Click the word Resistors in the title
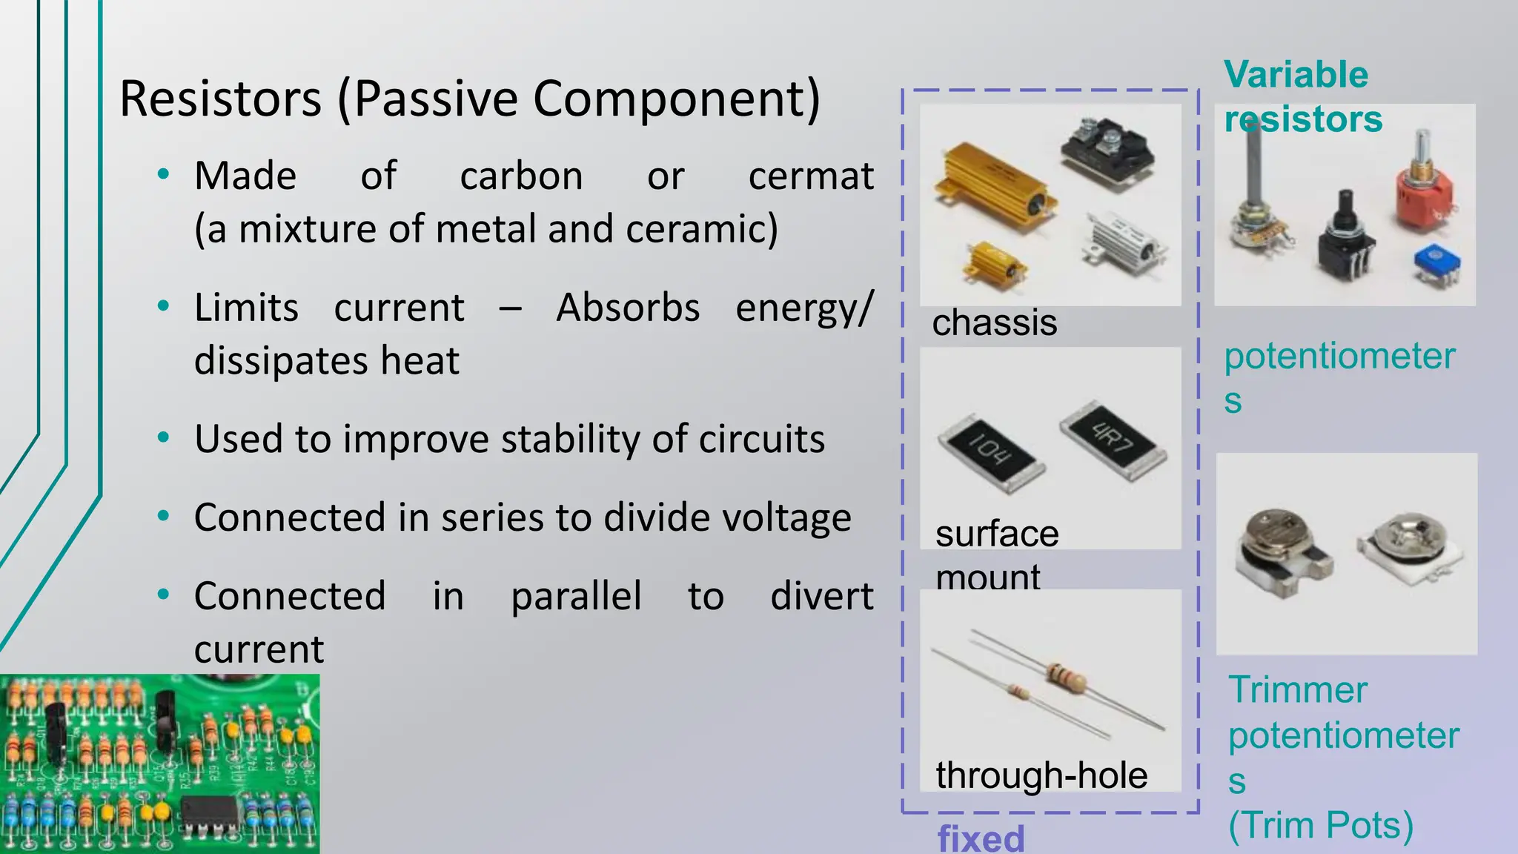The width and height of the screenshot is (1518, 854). (x=220, y=99)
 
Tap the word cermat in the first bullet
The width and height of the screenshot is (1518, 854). (x=810, y=176)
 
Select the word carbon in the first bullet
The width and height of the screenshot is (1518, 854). (x=521, y=176)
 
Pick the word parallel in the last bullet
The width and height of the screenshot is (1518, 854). (x=576, y=596)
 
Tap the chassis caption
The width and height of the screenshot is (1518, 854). (x=994, y=323)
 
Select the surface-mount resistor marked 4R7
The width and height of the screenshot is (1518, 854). (x=1113, y=440)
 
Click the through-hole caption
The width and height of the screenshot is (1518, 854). (x=1041, y=775)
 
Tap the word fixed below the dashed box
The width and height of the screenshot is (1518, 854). (x=981, y=838)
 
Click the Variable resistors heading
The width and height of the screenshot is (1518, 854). (x=1302, y=96)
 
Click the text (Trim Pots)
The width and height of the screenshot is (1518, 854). (x=1321, y=825)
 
